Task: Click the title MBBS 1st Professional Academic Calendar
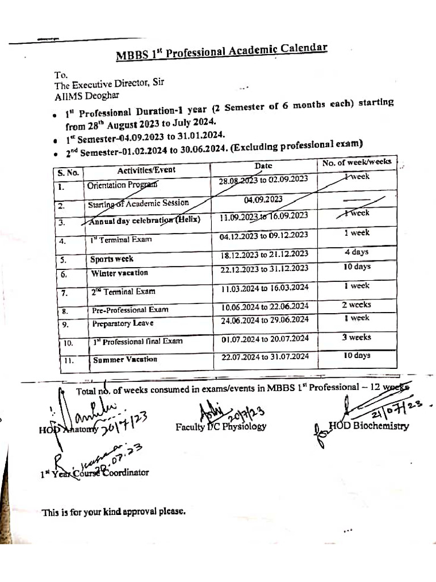point(221,52)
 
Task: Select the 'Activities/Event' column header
point(146,169)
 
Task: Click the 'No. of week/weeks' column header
point(357,163)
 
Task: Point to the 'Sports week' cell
point(112,259)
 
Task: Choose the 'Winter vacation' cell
point(120,273)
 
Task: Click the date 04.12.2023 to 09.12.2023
point(263,235)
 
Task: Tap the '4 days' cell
point(357,252)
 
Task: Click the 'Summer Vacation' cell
point(125,360)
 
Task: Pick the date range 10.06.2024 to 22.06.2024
point(265,307)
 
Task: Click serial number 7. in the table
point(64,293)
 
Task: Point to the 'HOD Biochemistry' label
point(368,426)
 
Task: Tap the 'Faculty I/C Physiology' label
point(221,426)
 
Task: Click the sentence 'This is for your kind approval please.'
point(114,512)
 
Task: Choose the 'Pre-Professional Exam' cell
point(130,310)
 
